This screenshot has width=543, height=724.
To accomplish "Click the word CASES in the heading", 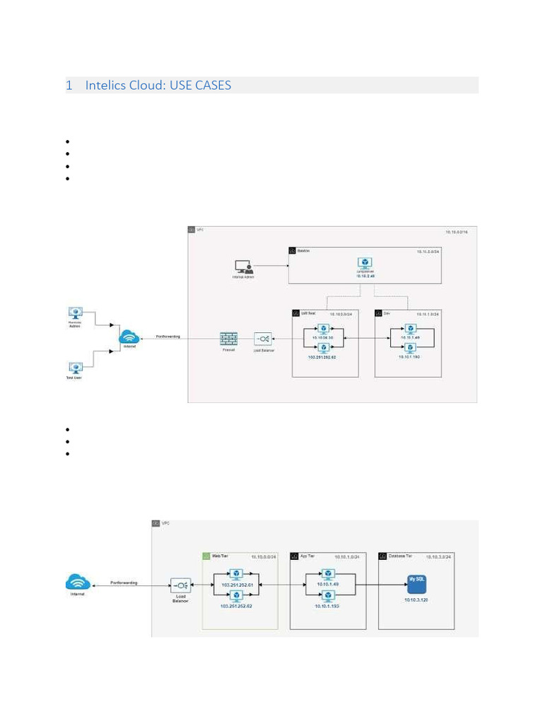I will [211, 86].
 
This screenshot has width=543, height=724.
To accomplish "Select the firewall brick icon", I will [228, 339].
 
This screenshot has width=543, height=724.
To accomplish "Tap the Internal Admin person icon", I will [244, 267].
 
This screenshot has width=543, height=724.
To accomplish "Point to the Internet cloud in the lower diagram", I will [77, 583].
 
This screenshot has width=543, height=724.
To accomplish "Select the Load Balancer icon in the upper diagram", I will [262, 339].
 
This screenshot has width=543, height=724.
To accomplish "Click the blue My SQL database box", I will [415, 583].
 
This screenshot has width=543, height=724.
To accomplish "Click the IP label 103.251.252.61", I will [236, 586].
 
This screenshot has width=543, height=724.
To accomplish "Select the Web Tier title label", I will [221, 556].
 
